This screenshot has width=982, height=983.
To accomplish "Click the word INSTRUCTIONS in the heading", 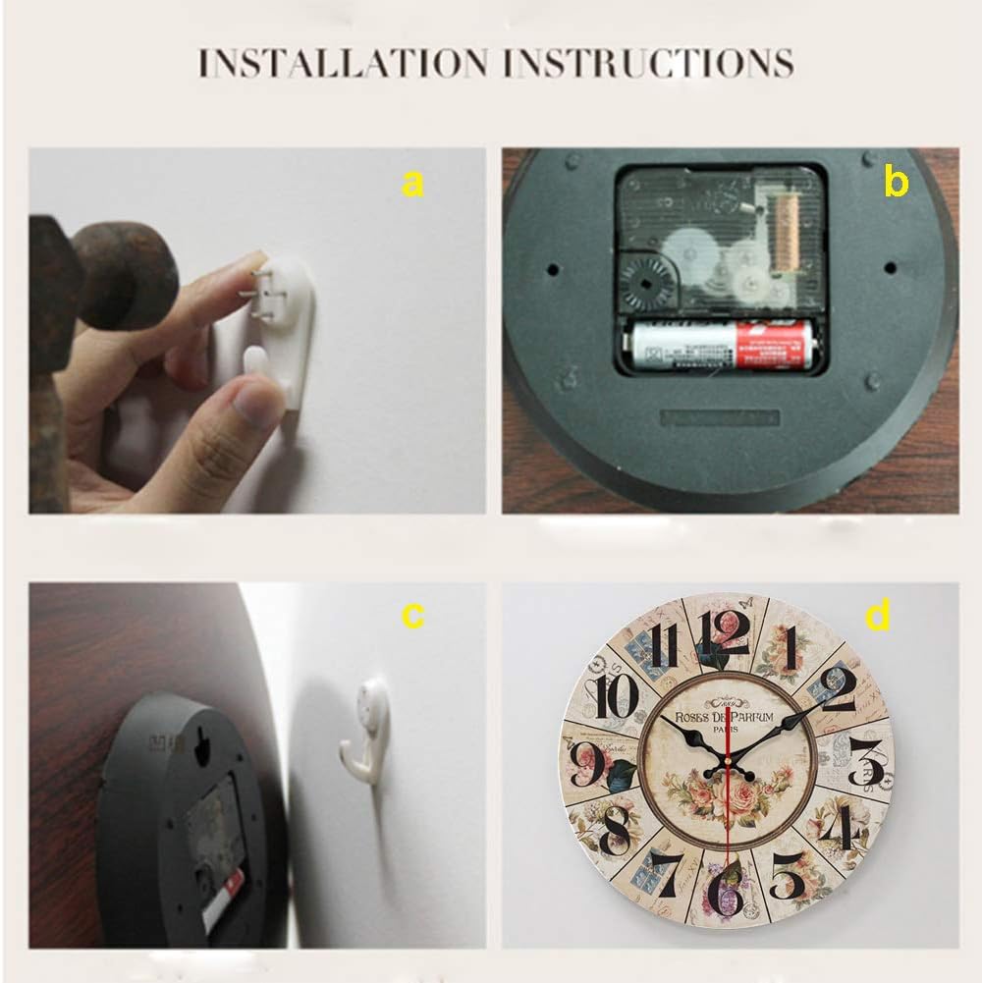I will (x=649, y=62).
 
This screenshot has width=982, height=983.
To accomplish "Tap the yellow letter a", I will (x=413, y=183).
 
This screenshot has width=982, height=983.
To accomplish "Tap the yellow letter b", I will (x=895, y=183).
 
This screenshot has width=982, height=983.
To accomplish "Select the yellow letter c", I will (x=413, y=616).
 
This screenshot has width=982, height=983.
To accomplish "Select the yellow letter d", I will (x=877, y=616).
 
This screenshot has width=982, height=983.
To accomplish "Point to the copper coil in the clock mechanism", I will (x=786, y=233).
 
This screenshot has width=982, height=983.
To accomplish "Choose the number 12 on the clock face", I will (x=725, y=633).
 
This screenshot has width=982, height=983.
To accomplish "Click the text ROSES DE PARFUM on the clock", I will (x=726, y=717).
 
